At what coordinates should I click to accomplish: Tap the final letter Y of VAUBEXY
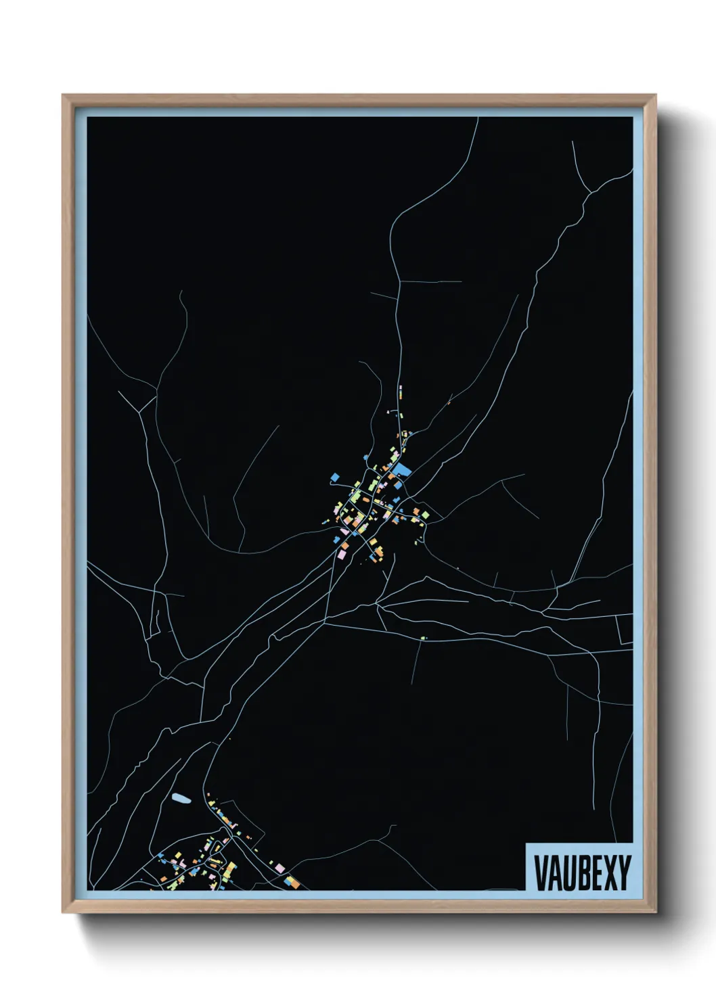(624, 872)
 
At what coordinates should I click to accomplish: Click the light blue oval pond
(181, 799)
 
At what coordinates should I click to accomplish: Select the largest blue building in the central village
(403, 469)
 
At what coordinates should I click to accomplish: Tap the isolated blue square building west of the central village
(334, 478)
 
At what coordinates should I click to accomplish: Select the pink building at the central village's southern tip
(342, 554)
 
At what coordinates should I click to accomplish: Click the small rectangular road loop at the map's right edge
(626, 629)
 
